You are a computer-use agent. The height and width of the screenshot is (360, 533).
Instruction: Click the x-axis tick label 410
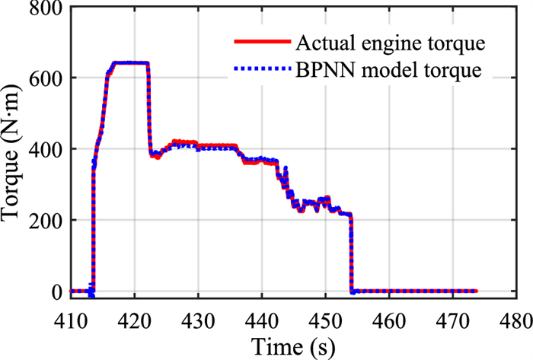(71, 314)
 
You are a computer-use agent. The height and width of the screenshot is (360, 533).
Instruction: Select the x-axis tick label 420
(135, 314)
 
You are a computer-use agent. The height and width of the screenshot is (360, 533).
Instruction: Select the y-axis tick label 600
(46, 78)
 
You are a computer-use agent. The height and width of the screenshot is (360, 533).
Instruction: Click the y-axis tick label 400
(46, 148)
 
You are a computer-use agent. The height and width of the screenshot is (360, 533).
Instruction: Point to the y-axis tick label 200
(46, 220)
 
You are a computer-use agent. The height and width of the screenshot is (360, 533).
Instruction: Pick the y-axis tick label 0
(56, 292)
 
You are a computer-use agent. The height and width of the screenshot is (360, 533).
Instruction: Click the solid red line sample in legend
(261, 41)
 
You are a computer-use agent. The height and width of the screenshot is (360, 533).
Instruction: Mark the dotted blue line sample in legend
(261, 71)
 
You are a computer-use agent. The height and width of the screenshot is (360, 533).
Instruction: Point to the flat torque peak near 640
(128, 62)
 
